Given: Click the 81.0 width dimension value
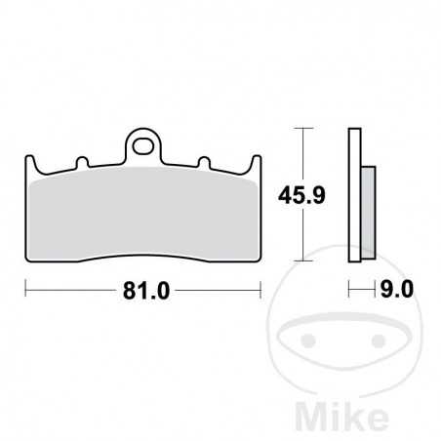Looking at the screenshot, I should pyautogui.click(x=142, y=290).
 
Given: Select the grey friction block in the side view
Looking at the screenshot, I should pyautogui.click(x=367, y=212).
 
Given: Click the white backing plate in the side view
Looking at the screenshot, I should pyautogui.click(x=355, y=195).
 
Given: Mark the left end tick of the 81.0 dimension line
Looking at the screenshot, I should pyautogui.click(x=25, y=290).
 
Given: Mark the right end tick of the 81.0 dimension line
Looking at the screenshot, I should pyautogui.click(x=261, y=290).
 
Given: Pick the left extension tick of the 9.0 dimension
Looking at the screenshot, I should pyautogui.click(x=351, y=290).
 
